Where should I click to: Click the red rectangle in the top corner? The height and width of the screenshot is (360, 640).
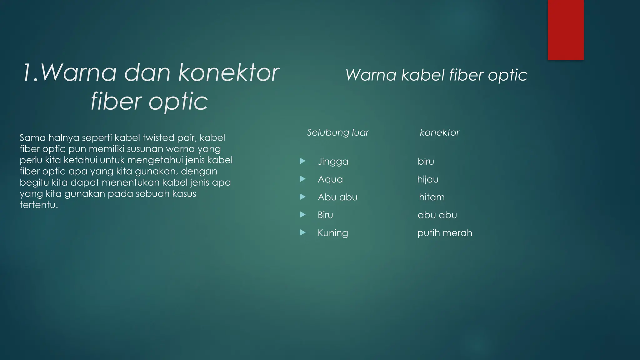tap(566, 30)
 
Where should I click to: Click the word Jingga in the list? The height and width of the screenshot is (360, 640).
tap(333, 162)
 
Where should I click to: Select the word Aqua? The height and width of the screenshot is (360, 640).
tap(330, 179)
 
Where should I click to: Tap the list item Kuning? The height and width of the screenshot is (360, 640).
tap(333, 233)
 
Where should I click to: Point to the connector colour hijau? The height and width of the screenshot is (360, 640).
tap(427, 179)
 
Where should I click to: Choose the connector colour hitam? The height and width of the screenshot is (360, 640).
tap(432, 197)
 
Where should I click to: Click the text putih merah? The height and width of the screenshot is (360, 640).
tap(444, 233)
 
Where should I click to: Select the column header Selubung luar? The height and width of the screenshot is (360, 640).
tap(338, 132)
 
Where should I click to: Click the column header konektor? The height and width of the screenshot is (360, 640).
tap(439, 132)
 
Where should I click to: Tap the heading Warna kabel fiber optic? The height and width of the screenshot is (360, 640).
tap(436, 75)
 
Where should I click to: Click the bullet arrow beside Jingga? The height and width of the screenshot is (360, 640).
tap(302, 161)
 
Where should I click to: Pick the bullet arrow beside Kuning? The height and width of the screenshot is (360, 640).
tap(302, 232)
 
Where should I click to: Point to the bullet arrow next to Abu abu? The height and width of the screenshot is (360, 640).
tap(302, 197)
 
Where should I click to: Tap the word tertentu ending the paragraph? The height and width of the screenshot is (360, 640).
tap(39, 205)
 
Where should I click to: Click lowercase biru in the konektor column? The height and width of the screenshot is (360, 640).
tap(426, 162)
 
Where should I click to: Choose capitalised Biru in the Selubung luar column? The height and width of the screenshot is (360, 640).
tap(325, 215)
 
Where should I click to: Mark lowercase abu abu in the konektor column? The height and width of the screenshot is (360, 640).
tap(437, 215)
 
